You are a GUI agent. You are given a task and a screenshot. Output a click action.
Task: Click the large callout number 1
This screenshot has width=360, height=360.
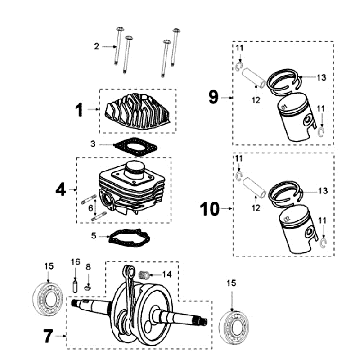click(79, 110)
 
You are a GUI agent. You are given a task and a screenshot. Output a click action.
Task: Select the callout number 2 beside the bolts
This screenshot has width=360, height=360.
click(96, 46)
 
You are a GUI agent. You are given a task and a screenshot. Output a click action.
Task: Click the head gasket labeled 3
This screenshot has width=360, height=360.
click(136, 146)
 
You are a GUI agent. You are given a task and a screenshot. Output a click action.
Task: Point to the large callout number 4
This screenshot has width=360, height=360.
click(61, 190)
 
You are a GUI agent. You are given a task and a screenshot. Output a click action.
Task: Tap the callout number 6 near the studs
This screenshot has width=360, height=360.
click(91, 208)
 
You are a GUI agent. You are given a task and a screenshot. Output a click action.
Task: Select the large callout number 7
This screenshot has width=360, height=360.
click(48, 336)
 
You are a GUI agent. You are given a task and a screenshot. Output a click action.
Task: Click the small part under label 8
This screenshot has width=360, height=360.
click(88, 286)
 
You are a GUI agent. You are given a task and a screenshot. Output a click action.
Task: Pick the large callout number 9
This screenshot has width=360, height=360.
click(213, 97)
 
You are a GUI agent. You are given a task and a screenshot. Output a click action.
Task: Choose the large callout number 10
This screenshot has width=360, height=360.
click(210, 209)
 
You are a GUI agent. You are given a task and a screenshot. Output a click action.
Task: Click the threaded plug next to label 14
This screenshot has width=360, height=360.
click(143, 275)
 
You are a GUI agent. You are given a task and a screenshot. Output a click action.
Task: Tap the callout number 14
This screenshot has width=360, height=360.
click(167, 274)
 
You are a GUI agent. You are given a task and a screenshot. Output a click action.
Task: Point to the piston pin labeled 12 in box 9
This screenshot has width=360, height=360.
click(255, 79)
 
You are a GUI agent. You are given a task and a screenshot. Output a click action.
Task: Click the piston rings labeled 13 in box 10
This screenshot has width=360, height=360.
click(286, 193)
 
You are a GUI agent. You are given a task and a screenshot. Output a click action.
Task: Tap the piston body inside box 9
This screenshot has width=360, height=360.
click(297, 117)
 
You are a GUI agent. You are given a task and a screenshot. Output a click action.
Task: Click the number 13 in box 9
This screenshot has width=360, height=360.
click(321, 78)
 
